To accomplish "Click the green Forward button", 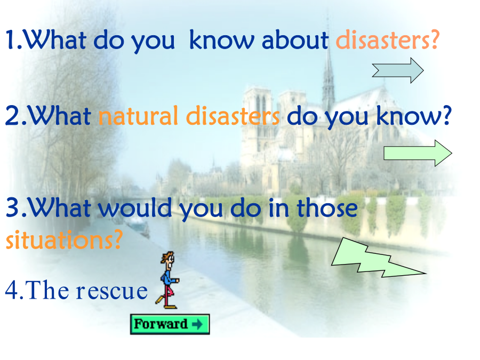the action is pyautogui.click(x=170, y=324).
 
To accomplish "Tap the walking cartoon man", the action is pyautogui.click(x=167, y=280).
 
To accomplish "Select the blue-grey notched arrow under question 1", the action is pyautogui.click(x=398, y=70).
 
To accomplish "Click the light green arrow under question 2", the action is pyautogui.click(x=418, y=153).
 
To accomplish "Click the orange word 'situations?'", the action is pyautogui.click(x=65, y=239).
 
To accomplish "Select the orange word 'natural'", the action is pyautogui.click(x=138, y=116).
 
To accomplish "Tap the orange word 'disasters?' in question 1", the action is pyautogui.click(x=388, y=40).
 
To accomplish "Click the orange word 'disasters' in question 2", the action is pyautogui.click(x=233, y=116).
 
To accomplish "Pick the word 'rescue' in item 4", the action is pyautogui.click(x=112, y=291).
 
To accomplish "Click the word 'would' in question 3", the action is pyautogui.click(x=135, y=207).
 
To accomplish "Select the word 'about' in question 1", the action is pyautogui.click(x=295, y=40).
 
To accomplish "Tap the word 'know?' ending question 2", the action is pyautogui.click(x=414, y=116).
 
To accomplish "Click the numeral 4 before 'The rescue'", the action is pyautogui.click(x=12, y=290).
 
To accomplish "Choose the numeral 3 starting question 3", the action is pyautogui.click(x=13, y=207).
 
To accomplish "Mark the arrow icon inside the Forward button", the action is pyautogui.click(x=197, y=324).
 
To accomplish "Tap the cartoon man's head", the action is pyautogui.click(x=168, y=258).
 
